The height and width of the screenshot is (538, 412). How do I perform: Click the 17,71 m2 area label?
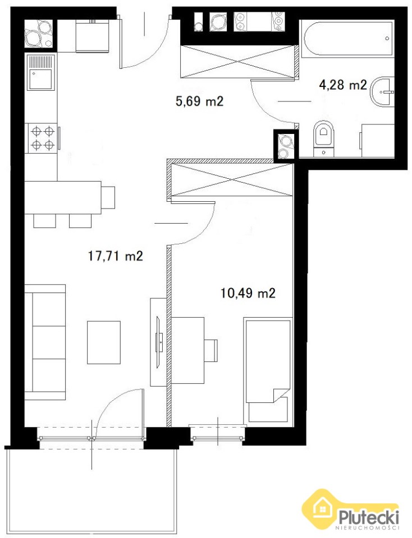pos(116,256)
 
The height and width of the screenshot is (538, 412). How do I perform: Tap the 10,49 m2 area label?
pos(248,293)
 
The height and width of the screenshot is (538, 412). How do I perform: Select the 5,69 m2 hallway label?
pos(199,101)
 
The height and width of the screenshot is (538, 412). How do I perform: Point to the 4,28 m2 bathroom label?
pos(343,85)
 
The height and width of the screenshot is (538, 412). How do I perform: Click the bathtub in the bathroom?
pos(347,38)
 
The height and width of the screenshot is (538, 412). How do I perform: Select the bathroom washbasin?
pos(382,92)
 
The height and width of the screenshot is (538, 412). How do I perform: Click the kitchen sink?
pos(41,72)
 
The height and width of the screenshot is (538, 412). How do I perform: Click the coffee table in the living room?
pos(104,342)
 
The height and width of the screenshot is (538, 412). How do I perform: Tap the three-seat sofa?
pos(45,342)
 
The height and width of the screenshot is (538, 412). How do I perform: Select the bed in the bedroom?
pos(267,369)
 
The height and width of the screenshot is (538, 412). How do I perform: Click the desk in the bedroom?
pos(187,350)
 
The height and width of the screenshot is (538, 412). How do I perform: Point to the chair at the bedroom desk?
pos(211,350)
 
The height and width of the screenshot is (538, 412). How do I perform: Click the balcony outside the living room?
pos(91,491)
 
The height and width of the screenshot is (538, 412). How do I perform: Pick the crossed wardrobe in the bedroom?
pos(232,180)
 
